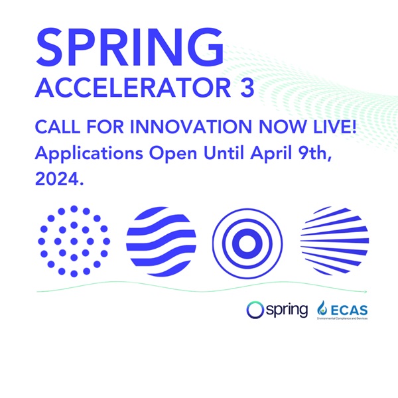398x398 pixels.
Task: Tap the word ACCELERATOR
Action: pos(125,88)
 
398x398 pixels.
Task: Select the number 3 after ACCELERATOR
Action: pos(245,88)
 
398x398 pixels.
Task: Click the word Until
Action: pos(212,152)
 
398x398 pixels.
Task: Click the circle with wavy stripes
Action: pos(161,241)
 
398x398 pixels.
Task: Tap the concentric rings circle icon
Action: pos(247,241)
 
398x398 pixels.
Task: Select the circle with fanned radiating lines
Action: pos(335,241)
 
